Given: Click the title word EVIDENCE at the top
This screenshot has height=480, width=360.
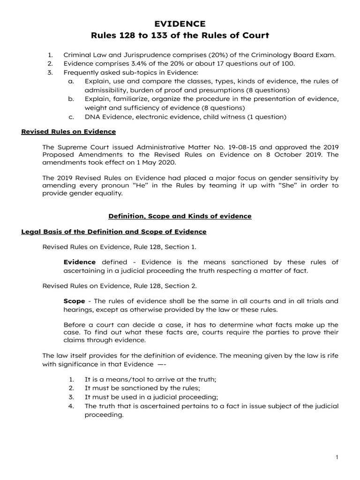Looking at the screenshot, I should click(x=180, y=24).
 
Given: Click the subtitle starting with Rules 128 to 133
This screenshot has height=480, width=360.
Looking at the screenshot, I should click(x=180, y=36).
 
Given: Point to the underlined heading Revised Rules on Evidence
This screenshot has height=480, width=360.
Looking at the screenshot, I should click(x=68, y=131).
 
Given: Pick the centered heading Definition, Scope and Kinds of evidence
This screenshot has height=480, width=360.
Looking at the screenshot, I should click(x=180, y=216).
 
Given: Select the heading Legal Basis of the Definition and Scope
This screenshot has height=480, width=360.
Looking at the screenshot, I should click(x=114, y=232).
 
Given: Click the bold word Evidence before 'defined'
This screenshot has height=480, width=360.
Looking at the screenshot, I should click(x=79, y=262).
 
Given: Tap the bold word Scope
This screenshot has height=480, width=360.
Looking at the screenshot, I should click(x=74, y=300).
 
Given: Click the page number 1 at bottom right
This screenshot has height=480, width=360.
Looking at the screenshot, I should click(x=337, y=457).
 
